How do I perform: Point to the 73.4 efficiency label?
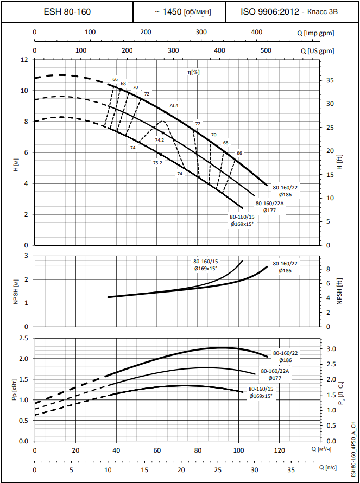point(174,105)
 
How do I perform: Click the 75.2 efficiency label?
point(157,163)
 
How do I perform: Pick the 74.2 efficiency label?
point(159,140)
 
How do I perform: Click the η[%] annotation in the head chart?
point(194,72)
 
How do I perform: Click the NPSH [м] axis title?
point(16,290)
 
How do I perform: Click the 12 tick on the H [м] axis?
point(24,60)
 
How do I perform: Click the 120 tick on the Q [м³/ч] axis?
point(279,450)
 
